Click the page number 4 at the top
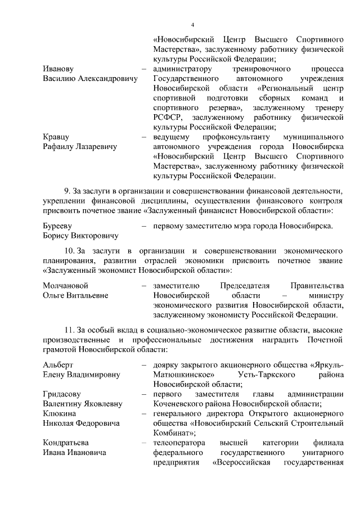pyautogui.click(x=192, y=25)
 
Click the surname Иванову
pyautogui.click(x=58, y=69)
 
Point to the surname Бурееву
pyautogui.click(x=58, y=226)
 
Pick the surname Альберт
pyautogui.click(x=58, y=365)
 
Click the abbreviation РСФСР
pyautogui.click(x=167, y=118)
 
